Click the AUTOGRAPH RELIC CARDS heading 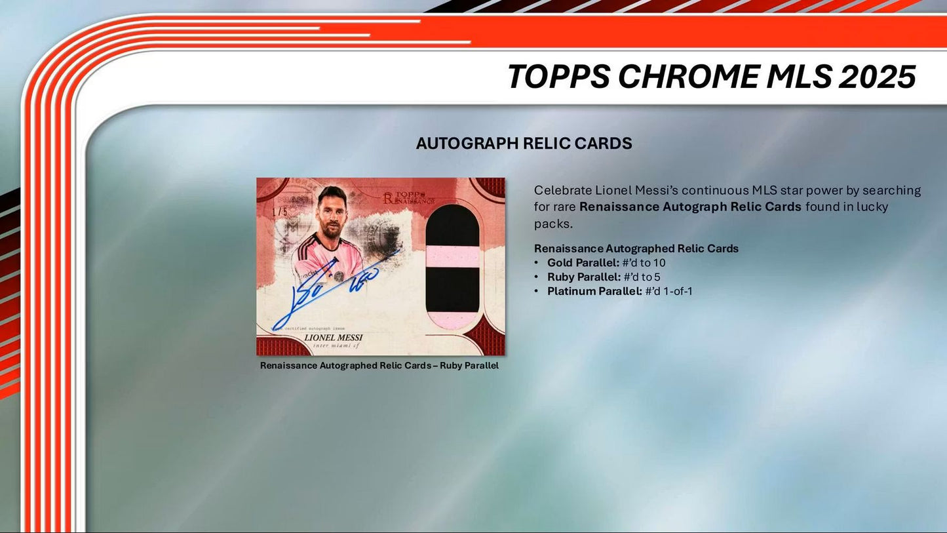click(524, 144)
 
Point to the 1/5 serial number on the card click(265, 213)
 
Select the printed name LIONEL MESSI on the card click(333, 338)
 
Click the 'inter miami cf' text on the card click(333, 346)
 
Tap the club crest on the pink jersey click(338, 275)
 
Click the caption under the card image click(379, 365)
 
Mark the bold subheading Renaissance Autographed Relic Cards click(636, 248)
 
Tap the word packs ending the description click(557, 223)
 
